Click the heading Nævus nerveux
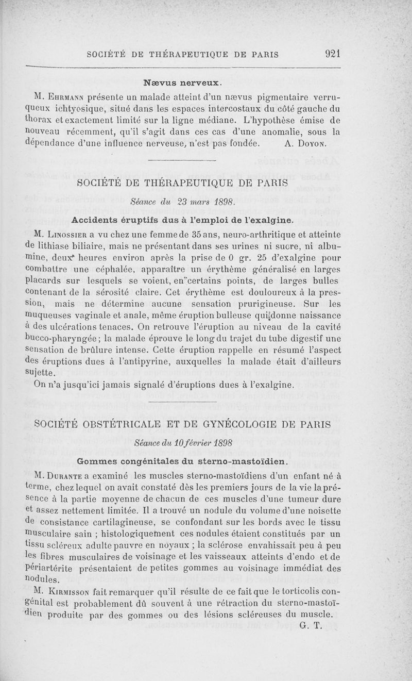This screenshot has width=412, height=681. [x=183, y=82]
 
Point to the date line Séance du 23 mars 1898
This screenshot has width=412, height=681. [x=183, y=203]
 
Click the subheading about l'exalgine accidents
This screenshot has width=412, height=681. [x=183, y=220]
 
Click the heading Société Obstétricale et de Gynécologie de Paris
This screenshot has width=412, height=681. [x=183, y=424]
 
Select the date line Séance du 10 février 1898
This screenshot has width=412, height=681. [x=183, y=443]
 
